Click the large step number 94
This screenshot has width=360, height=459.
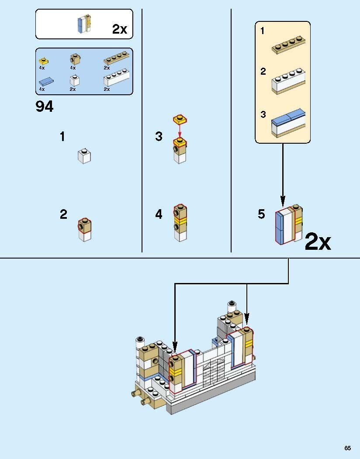(x=45, y=106)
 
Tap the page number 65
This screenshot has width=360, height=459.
(x=347, y=448)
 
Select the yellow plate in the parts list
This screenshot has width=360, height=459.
(x=44, y=61)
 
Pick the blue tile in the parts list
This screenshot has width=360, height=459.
(x=46, y=82)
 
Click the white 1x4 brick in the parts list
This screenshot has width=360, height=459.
(x=116, y=77)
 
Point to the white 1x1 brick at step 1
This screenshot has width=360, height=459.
(x=84, y=156)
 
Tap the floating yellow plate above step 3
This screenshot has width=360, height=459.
(x=180, y=119)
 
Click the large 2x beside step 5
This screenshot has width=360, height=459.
(x=318, y=242)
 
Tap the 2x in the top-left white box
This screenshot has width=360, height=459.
(x=120, y=29)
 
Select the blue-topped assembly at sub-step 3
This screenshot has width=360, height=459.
(x=288, y=123)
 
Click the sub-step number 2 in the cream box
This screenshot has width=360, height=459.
(x=263, y=71)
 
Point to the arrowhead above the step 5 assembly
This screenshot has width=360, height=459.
(x=283, y=201)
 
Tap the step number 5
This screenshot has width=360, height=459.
(x=261, y=214)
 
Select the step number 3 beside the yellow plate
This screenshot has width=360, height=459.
(x=159, y=136)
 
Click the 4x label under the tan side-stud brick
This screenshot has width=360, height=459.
(x=73, y=68)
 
